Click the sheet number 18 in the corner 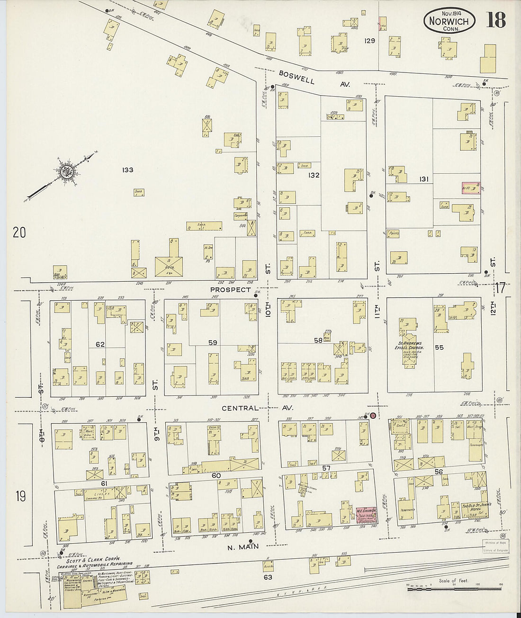[x=495, y=20]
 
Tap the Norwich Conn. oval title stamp [x=449, y=21]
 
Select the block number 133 [x=127, y=170]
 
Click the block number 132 [x=314, y=175]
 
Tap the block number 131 [x=423, y=179]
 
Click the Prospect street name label [x=231, y=290]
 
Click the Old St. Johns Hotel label [x=476, y=507]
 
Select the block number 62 [x=100, y=344]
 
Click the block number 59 [x=213, y=342]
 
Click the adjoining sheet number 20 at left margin [x=19, y=233]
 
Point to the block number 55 [x=439, y=347]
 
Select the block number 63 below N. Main [x=268, y=577]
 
